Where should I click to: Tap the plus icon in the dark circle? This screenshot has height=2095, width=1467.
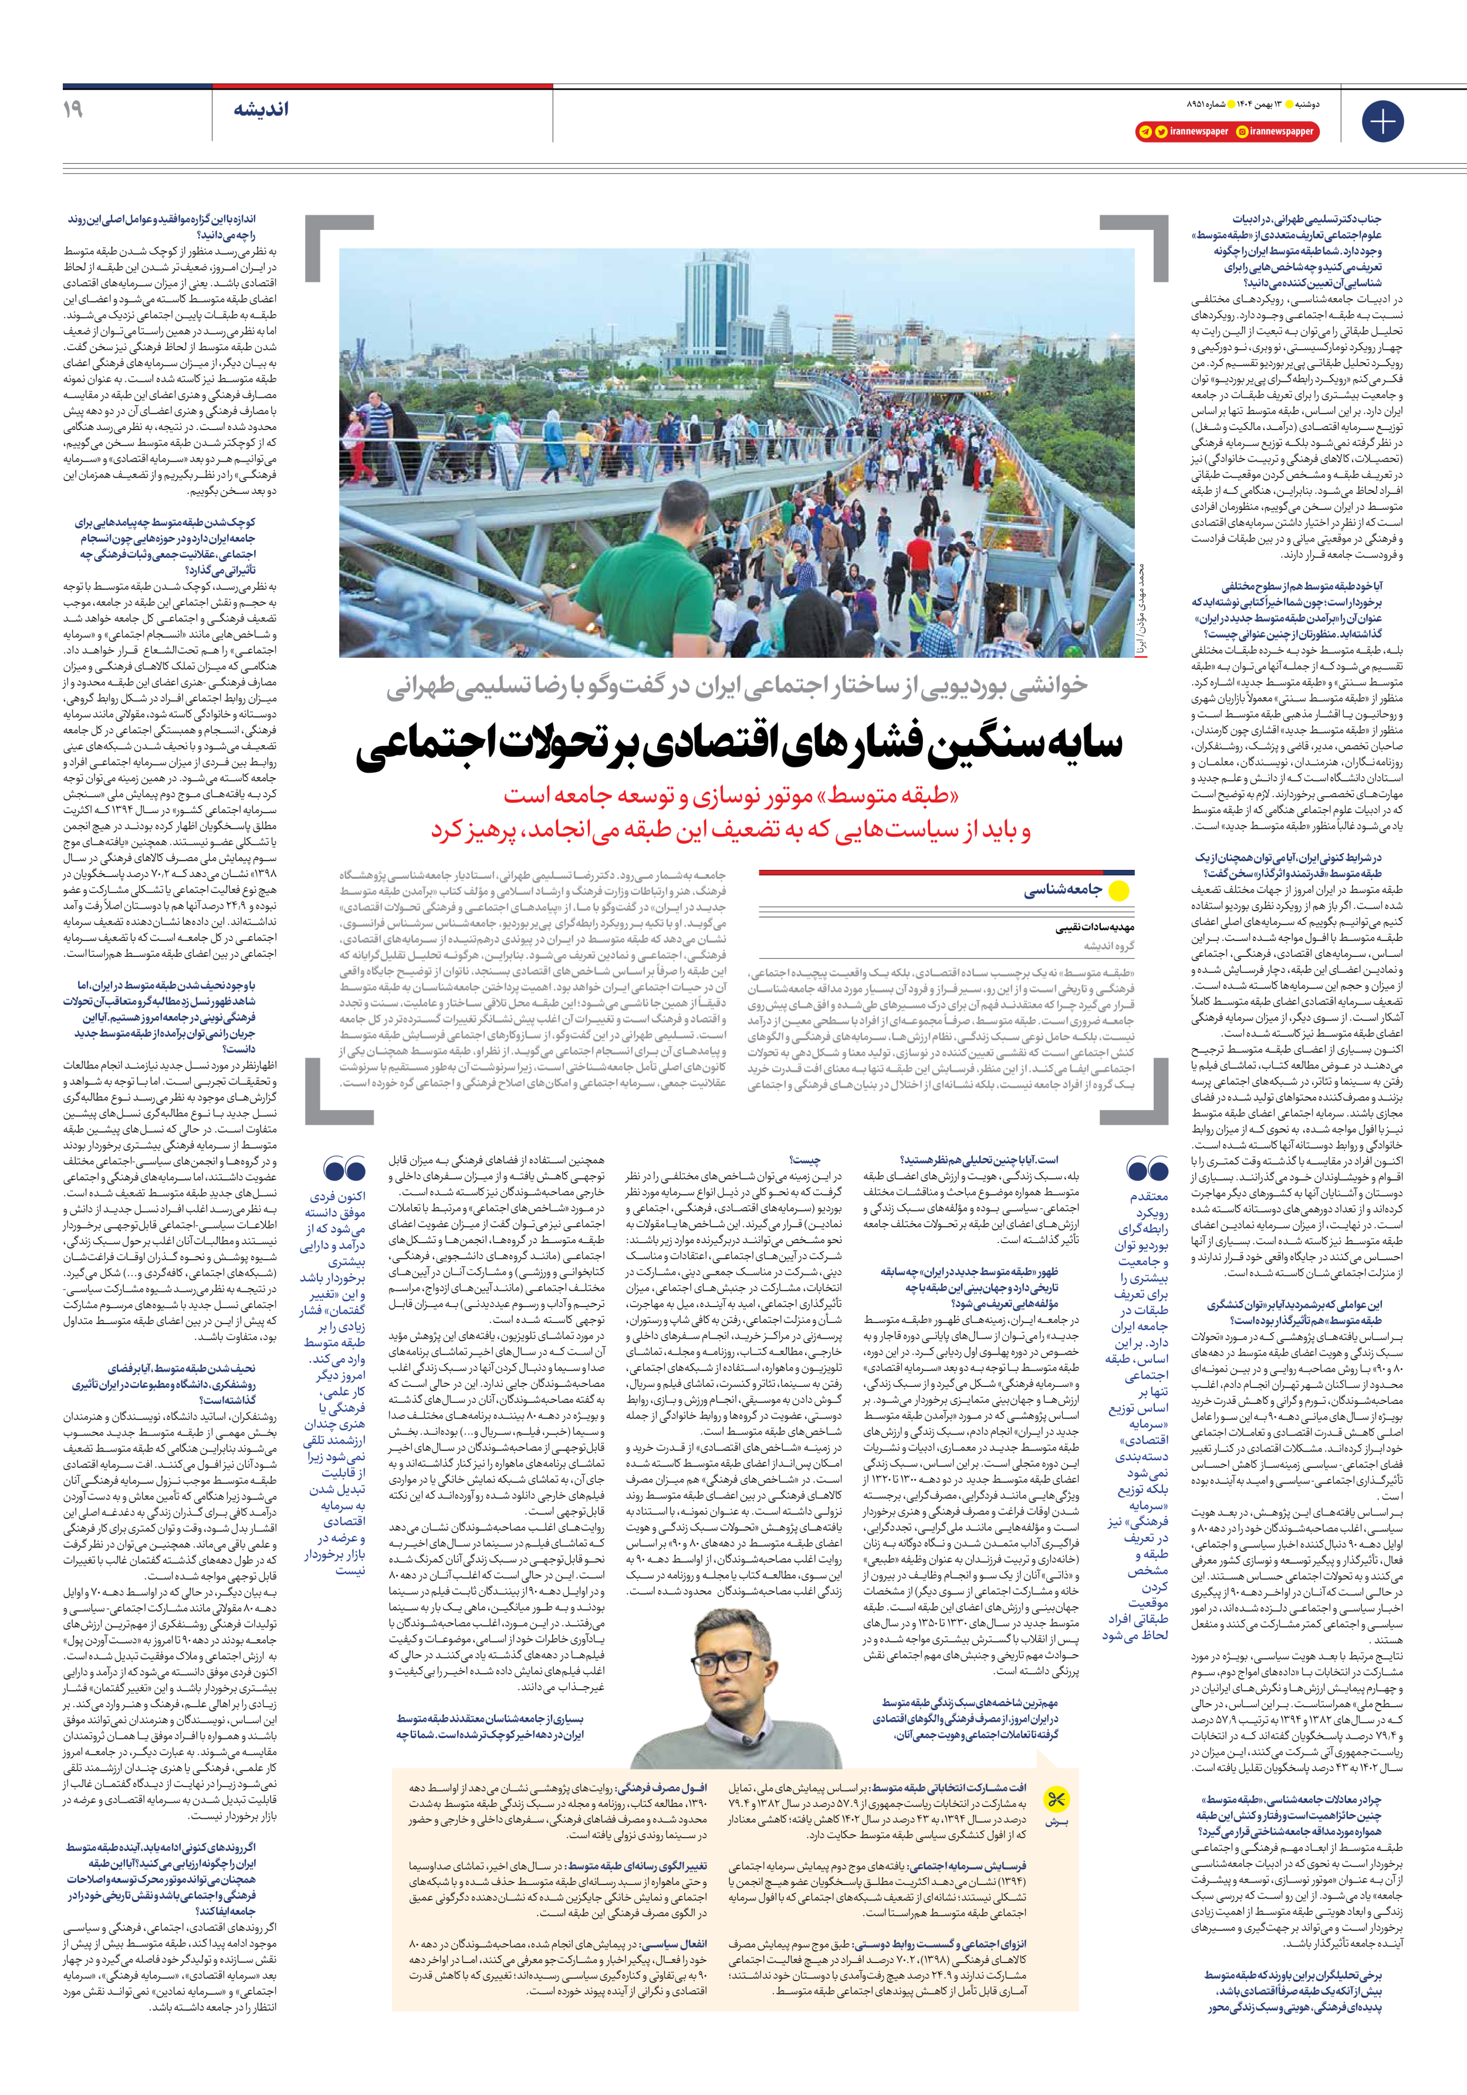tap(1382, 120)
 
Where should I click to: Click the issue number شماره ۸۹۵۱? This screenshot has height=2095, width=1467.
tap(1205, 103)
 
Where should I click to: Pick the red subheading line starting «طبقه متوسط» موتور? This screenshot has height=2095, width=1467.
tap(731, 796)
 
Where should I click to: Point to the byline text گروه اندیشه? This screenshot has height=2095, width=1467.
tap(1109, 946)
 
